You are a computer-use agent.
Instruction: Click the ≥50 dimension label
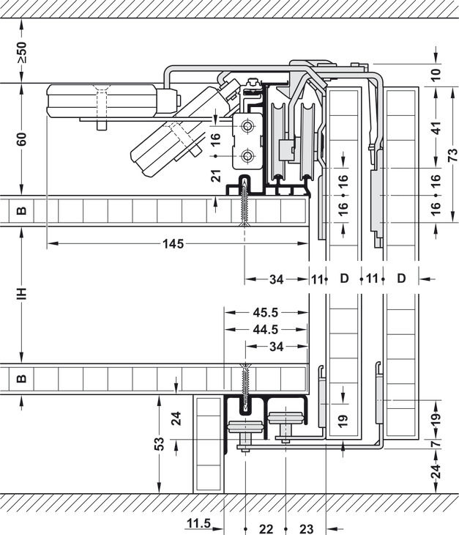(21, 52)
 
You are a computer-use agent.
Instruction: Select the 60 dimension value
(21, 139)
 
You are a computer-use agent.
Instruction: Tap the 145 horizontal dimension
(173, 243)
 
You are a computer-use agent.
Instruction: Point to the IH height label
(21, 293)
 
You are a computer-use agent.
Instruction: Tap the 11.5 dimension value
(198, 523)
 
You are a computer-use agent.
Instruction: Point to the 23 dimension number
(306, 528)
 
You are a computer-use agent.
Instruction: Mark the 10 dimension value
(436, 74)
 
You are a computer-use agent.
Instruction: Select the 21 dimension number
(215, 176)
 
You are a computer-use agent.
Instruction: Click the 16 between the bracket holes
(215, 141)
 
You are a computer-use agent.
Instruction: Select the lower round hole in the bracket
(248, 155)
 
